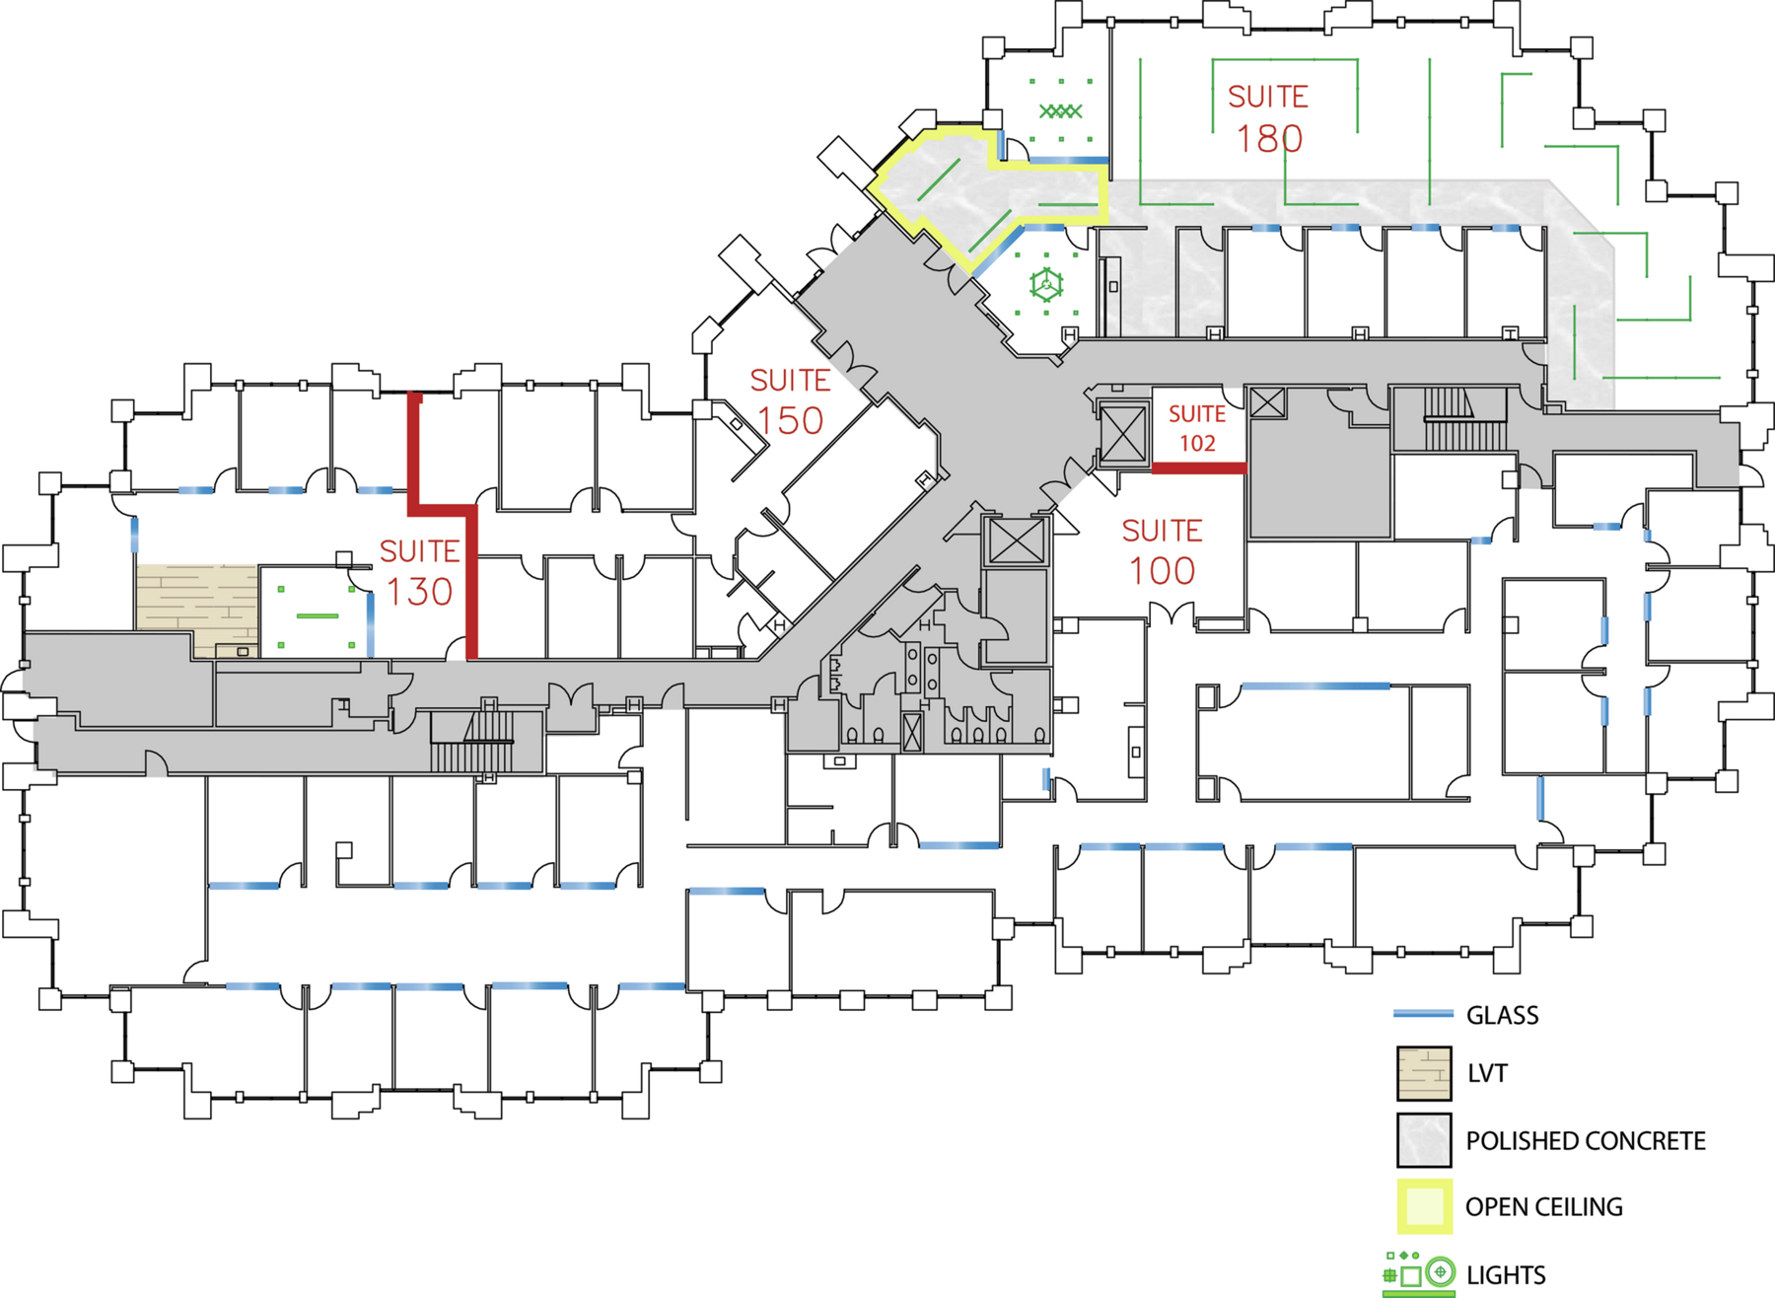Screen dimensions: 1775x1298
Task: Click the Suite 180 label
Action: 1268,118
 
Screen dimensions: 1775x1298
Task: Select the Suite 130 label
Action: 420,572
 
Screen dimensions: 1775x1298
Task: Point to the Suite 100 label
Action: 1162,551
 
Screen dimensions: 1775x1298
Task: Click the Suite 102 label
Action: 1197,429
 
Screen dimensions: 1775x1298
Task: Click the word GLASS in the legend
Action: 1502,1015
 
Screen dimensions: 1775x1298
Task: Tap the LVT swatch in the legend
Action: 1424,1073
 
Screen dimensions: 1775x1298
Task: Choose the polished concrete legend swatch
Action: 1424,1140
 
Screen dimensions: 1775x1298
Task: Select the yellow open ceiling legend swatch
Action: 1424,1206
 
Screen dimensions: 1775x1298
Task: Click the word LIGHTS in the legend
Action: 1506,1275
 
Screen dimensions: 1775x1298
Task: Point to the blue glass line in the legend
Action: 1423,1014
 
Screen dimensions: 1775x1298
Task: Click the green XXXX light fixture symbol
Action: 1061,110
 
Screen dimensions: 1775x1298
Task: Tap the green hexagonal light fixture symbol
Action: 1046,286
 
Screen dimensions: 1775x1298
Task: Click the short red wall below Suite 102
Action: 1199,469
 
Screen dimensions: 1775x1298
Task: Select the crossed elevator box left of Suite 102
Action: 1123,434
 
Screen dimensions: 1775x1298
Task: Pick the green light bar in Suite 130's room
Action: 318,616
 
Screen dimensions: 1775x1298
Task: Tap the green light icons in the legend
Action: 1419,1273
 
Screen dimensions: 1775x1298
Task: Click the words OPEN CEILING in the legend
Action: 1543,1207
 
